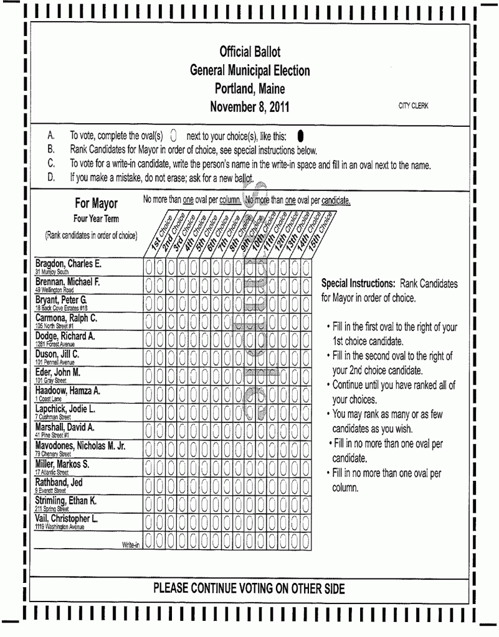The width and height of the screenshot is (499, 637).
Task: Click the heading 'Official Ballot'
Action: click(x=249, y=52)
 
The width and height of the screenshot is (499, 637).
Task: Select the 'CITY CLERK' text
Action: click(x=414, y=106)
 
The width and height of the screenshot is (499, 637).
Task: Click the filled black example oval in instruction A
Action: click(x=300, y=135)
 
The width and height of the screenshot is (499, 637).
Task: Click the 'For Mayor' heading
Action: click(x=96, y=203)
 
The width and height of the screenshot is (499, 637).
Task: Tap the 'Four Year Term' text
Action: click(x=96, y=218)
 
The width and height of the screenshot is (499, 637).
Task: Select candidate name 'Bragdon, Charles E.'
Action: click(x=68, y=263)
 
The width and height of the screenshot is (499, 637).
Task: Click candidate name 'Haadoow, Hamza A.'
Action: click(x=68, y=391)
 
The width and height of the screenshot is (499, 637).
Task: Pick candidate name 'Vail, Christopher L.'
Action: click(x=67, y=518)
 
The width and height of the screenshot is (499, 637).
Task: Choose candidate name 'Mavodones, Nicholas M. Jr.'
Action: click(x=80, y=445)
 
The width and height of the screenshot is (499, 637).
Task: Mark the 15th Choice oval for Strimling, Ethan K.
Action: click(x=306, y=504)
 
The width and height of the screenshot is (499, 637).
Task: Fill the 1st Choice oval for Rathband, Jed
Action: click(x=149, y=486)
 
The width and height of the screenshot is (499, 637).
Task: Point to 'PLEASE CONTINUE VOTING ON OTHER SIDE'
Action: click(x=249, y=588)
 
